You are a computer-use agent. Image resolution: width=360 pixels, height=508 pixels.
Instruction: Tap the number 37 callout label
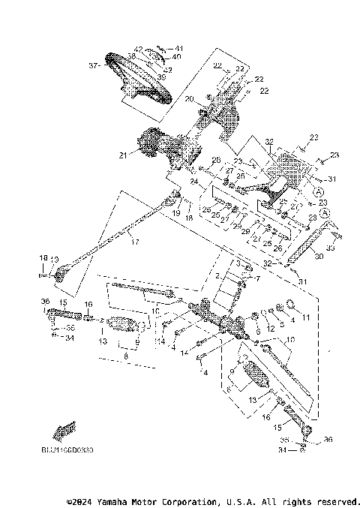[x=94, y=66]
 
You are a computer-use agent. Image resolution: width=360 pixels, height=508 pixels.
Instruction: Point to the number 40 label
[x=176, y=56]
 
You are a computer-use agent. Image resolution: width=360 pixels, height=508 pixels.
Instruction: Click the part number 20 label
[x=189, y=99]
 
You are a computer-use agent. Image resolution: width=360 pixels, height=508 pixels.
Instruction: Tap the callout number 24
[x=192, y=181]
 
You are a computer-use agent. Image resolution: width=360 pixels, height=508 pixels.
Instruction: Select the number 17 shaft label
[x=135, y=242]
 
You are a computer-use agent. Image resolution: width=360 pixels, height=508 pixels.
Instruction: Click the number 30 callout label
[x=318, y=256]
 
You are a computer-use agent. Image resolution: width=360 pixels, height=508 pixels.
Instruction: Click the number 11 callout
[x=304, y=318]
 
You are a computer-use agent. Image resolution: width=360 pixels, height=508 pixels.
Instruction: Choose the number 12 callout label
[x=271, y=329]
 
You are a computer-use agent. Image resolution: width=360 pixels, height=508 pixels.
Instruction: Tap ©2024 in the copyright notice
[x=81, y=500]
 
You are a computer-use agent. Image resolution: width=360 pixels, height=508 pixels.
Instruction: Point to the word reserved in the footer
[x=338, y=500]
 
